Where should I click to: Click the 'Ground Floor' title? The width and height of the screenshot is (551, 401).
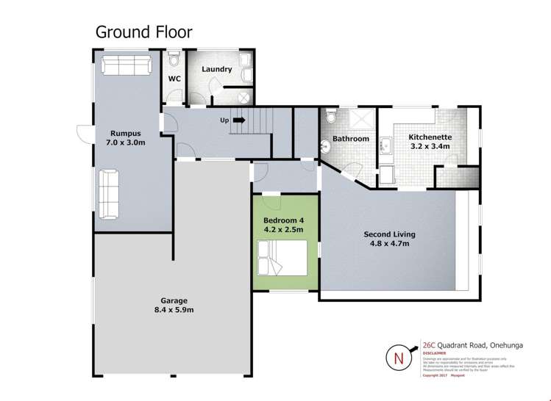[143, 32]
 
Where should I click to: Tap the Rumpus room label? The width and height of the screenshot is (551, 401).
[121, 133]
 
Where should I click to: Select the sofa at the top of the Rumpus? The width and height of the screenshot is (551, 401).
[124, 65]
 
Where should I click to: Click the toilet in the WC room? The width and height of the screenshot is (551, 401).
[174, 58]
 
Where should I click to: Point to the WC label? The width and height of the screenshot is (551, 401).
[174, 78]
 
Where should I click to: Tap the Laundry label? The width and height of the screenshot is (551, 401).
[217, 70]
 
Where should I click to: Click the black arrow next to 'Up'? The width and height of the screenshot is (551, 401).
[238, 120]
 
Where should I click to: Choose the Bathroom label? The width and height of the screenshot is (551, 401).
[350, 138]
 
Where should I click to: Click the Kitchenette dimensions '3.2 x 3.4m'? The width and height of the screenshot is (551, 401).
[430, 147]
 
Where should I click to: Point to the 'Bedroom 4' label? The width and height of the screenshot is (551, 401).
[283, 220]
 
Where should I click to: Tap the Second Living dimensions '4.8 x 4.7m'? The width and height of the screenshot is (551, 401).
[389, 244]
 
